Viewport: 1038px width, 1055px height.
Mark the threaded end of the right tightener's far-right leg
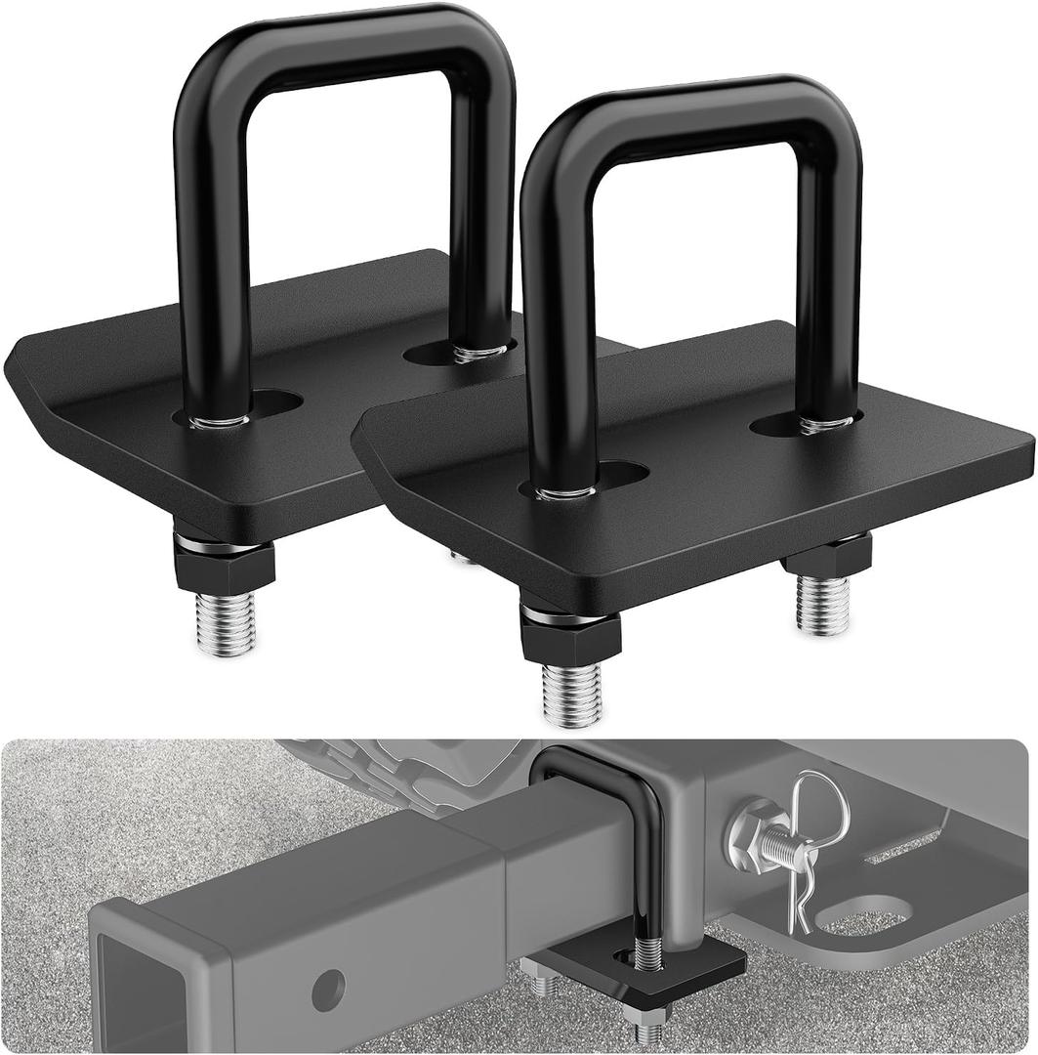(823, 605)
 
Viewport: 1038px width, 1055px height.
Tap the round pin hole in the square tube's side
(330, 989)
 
